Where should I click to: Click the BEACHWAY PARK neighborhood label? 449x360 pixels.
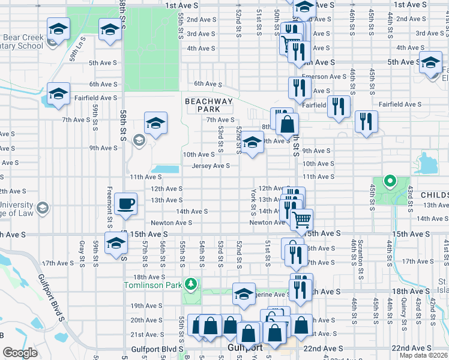coord(208,105)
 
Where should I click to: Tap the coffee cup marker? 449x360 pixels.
coord(125,205)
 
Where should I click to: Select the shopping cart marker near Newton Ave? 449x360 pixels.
coord(301,220)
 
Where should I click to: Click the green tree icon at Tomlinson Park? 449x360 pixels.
coord(191,283)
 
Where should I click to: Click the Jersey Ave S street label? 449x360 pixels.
coord(211,166)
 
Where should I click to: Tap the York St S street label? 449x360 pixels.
coord(253,201)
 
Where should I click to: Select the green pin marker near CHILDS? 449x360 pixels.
coord(390,180)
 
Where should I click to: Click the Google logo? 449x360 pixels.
coord(20,353)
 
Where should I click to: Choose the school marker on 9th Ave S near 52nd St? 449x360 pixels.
coord(253,143)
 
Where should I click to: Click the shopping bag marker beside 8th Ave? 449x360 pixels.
coord(288,125)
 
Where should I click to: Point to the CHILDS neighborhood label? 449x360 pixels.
coord(434,196)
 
